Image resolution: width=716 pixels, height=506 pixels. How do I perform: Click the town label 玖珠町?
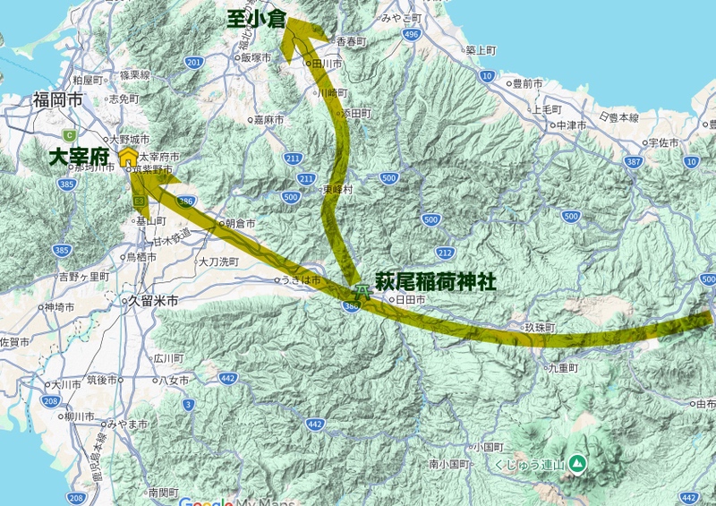543,329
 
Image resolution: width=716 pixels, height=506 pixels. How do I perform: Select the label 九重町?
566,367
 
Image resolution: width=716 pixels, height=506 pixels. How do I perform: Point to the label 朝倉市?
240,223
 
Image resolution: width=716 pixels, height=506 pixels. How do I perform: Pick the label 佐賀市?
16,342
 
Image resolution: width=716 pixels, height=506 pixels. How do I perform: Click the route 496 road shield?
411,34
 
